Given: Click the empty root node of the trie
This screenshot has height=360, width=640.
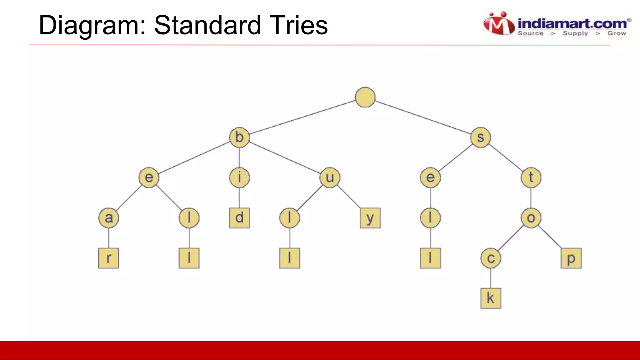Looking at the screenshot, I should [365, 97].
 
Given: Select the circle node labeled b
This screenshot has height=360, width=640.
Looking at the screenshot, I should [239, 137].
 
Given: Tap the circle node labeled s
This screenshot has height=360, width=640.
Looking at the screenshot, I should [481, 137].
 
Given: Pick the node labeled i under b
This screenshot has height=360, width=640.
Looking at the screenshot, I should [239, 177].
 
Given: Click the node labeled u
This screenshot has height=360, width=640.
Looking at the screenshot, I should [330, 177].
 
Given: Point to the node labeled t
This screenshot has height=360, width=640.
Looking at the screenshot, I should [531, 177].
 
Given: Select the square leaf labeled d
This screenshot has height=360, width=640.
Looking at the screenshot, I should [239, 218].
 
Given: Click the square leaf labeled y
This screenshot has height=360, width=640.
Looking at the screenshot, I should [370, 218].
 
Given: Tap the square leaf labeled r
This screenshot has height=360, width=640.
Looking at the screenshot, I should [108, 258].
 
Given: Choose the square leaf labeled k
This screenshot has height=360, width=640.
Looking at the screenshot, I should [491, 298].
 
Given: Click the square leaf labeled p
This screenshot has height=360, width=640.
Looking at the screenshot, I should [571, 258].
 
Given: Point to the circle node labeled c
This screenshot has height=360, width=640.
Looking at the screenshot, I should [491, 258].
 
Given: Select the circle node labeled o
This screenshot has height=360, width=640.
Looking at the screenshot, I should [531, 218].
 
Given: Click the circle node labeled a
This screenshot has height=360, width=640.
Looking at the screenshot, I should [108, 218].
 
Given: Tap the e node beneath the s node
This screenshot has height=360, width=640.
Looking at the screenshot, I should [430, 177].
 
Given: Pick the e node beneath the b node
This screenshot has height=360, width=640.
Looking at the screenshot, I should [149, 177].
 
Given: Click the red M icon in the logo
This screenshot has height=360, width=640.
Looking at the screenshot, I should [499, 24].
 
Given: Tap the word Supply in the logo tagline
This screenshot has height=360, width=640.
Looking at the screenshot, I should [575, 33].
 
